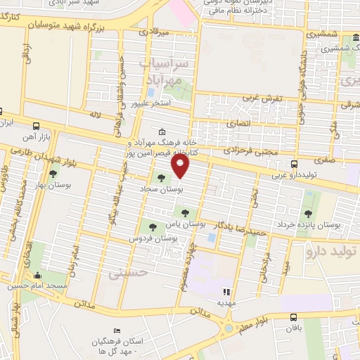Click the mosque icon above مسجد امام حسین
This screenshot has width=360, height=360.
point(37,274)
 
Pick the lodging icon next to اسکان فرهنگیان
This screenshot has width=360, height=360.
point(117,331)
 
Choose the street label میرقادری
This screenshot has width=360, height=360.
point(154,32)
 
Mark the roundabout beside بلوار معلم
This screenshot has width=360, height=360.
point(229,328)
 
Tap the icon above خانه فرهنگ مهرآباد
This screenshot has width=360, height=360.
point(162,131)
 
